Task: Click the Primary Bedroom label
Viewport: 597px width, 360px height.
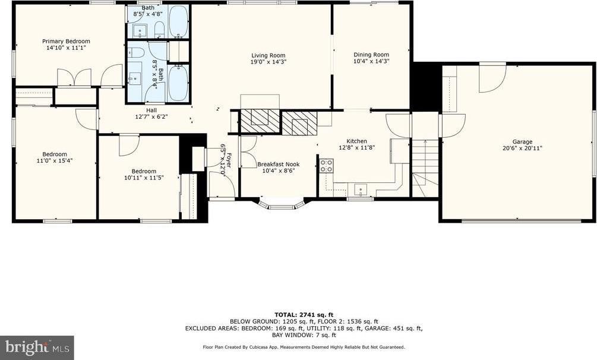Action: click(65, 41)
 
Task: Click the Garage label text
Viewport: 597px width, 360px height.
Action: click(523, 141)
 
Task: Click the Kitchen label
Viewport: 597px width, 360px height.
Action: click(356, 141)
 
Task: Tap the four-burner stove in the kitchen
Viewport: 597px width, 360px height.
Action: click(326, 166)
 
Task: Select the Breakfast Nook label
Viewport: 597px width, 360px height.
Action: click(278, 164)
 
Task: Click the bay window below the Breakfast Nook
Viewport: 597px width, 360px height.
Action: click(282, 206)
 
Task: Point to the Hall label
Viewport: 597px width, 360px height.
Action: click(151, 110)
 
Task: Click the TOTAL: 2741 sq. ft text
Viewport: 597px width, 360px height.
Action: click(304, 314)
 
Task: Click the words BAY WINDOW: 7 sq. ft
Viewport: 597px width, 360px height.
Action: click(304, 334)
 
